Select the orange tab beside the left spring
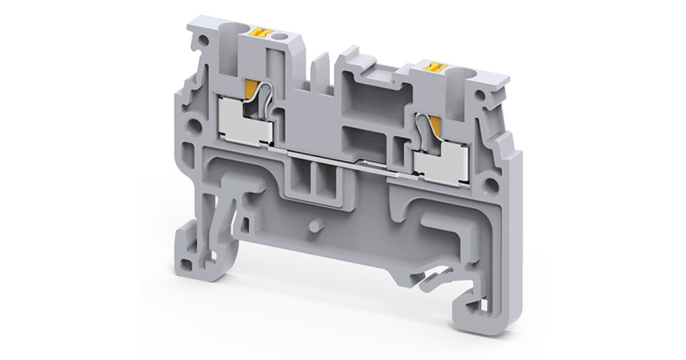250,89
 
